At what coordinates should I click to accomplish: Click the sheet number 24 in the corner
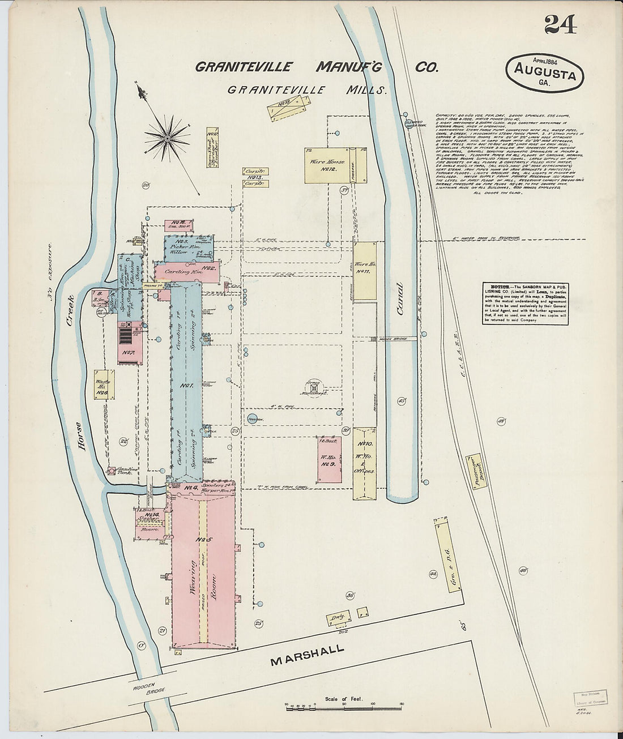point(561,24)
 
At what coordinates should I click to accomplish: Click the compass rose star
point(167,137)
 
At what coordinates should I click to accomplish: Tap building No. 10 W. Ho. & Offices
point(365,462)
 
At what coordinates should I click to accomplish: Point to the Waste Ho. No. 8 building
point(103,385)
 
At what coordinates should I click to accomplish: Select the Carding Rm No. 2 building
point(184,271)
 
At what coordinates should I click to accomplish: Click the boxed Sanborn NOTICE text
point(517,304)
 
